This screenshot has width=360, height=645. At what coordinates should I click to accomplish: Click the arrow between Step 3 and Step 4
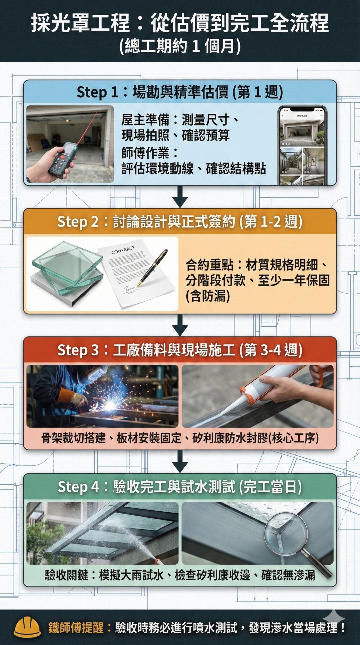tap(180, 461)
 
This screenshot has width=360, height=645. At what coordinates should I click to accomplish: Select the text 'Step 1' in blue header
tap(97, 92)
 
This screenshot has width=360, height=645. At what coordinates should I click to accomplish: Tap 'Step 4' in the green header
tap(78, 487)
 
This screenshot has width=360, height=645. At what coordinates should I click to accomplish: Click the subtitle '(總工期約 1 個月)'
tap(180, 46)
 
